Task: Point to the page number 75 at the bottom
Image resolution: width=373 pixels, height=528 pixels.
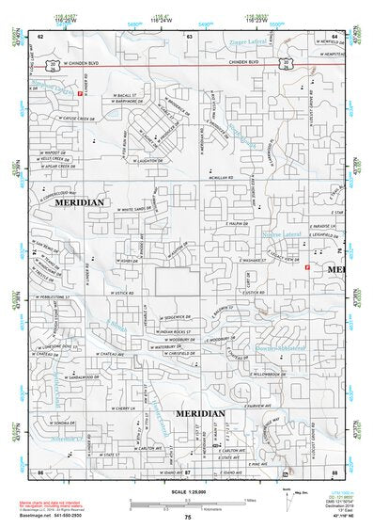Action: click(188, 517)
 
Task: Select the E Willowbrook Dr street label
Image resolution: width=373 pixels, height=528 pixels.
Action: click(250, 372)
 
